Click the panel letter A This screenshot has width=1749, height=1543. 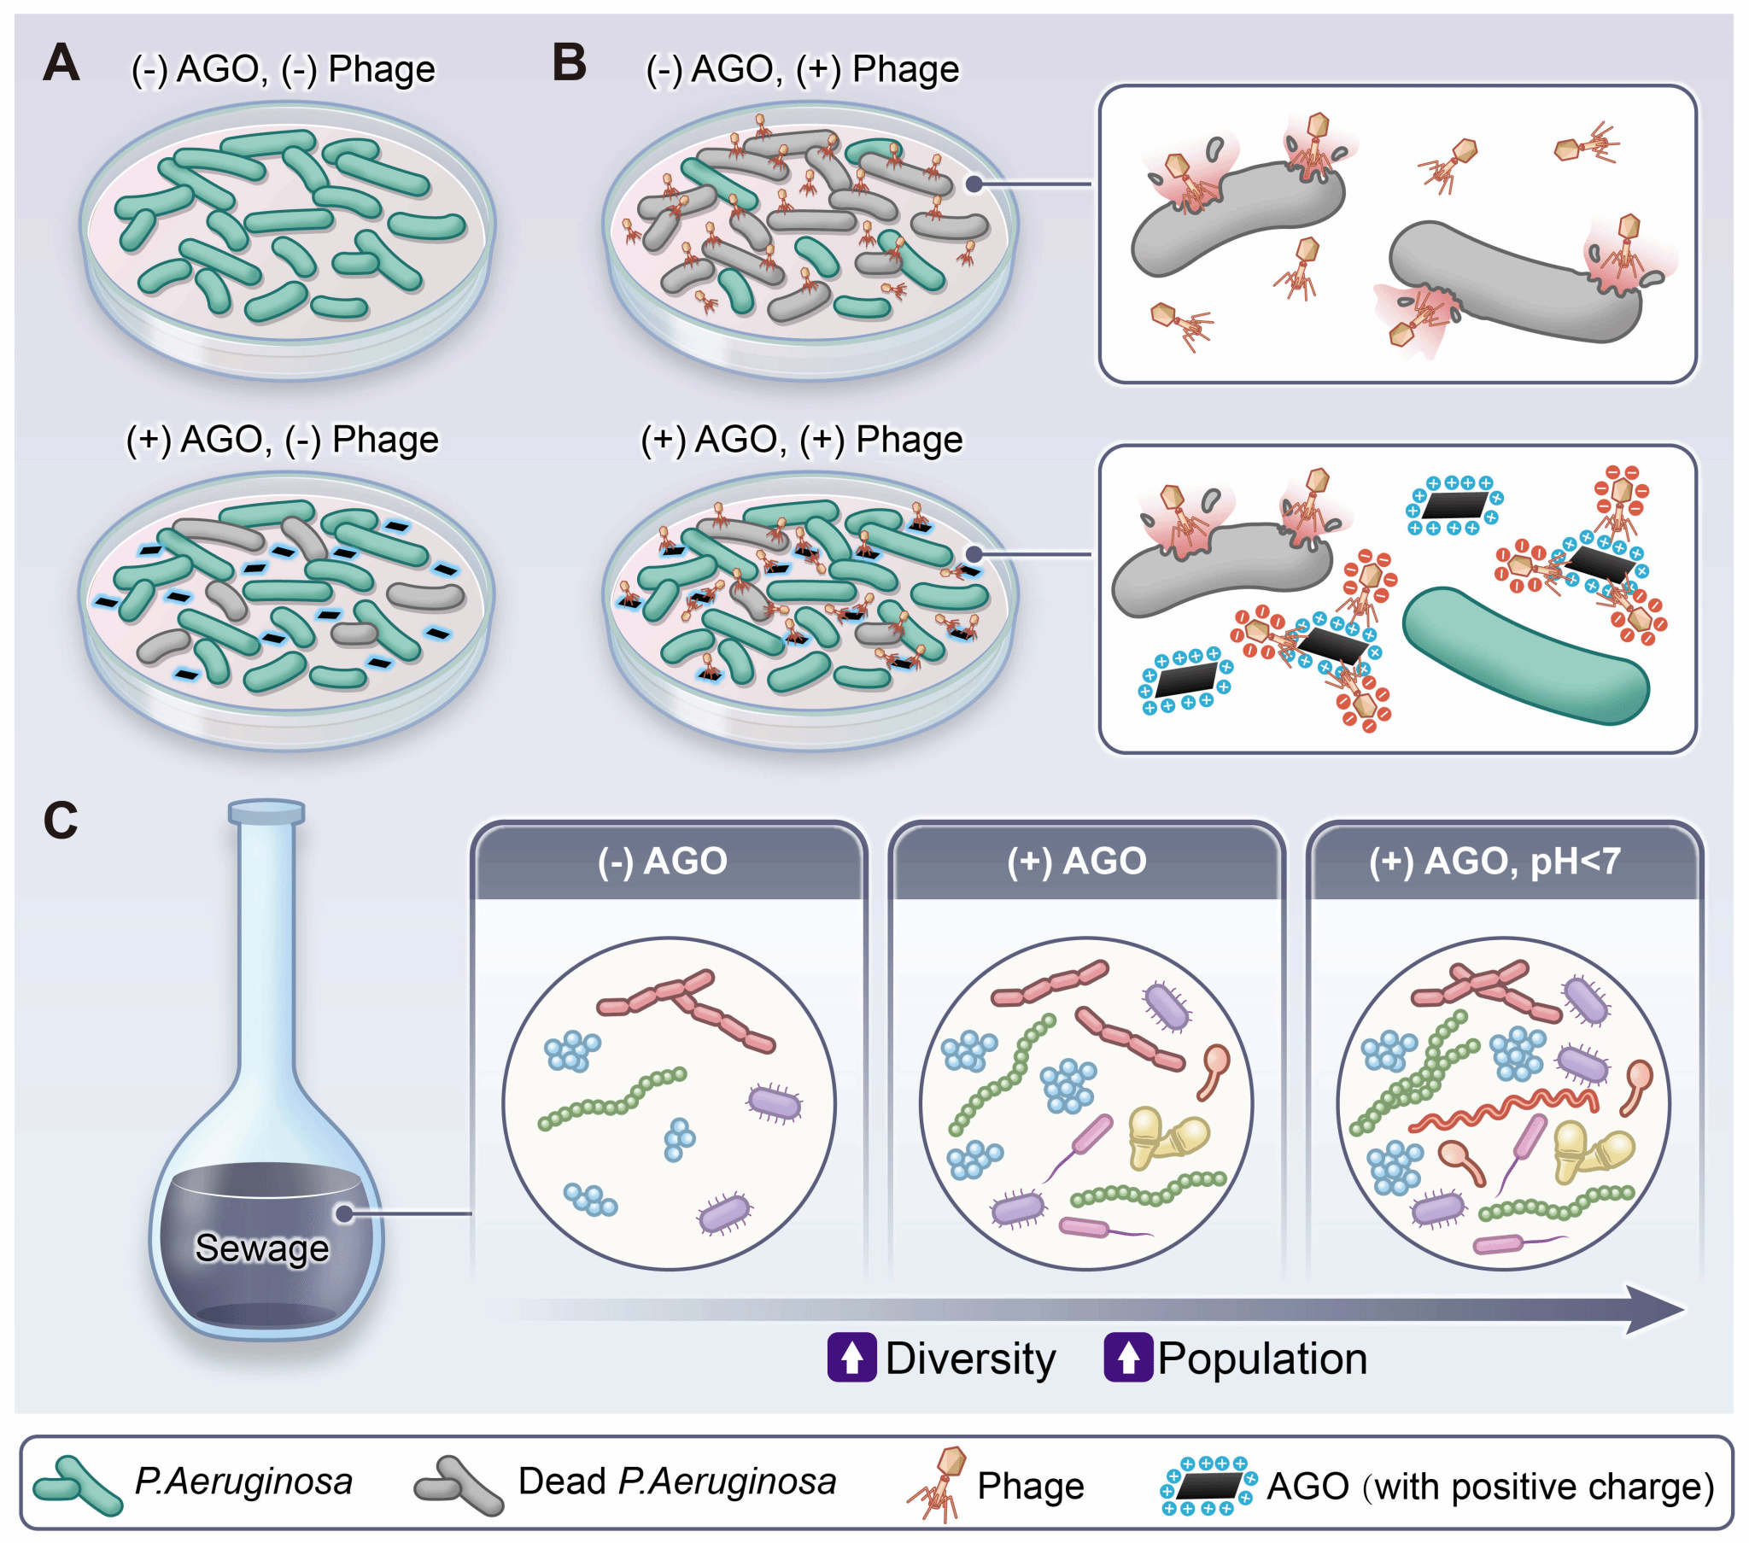point(61,63)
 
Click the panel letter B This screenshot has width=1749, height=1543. point(569,63)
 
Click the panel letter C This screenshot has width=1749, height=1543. point(60,820)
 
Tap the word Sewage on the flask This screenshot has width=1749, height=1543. point(262,1248)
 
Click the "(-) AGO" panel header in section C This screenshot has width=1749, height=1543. point(663,861)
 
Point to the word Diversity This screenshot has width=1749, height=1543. point(970,1359)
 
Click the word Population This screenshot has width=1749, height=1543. point(1262,1359)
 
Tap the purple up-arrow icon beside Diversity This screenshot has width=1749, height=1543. point(851,1358)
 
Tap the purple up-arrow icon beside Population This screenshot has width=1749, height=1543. point(1128,1358)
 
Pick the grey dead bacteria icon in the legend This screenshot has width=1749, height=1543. point(459,1486)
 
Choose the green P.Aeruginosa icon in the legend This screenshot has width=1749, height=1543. point(77,1486)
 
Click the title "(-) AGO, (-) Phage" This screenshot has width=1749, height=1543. point(283,69)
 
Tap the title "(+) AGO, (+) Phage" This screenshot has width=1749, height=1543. point(802,440)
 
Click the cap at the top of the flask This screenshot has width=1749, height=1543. point(266,811)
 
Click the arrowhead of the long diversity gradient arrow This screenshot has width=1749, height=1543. point(1657,1308)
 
